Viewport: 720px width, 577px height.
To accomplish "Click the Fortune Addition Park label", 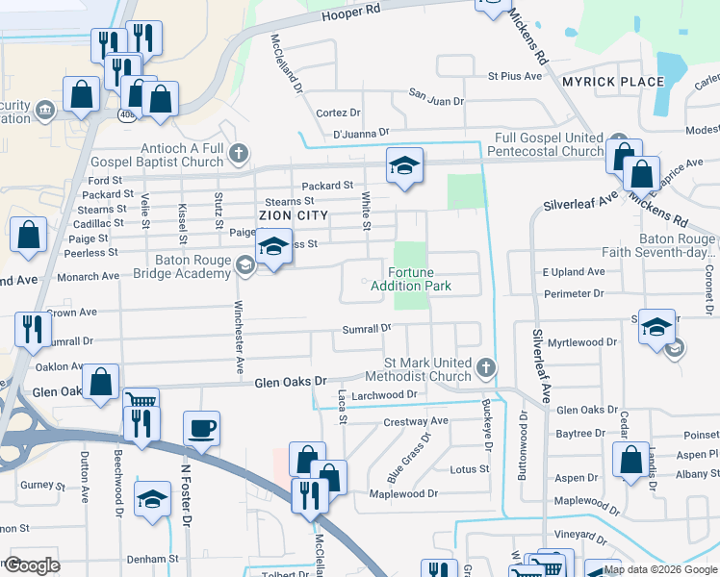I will click(x=419, y=279).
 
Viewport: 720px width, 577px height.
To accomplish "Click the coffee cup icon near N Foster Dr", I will click(x=201, y=428).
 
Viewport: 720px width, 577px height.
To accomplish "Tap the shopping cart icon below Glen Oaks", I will click(x=141, y=402).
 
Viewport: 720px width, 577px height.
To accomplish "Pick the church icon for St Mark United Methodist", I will click(x=487, y=367).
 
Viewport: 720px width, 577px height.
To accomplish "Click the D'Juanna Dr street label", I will click(x=360, y=133).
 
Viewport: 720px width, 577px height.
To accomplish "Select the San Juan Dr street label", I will click(x=436, y=99).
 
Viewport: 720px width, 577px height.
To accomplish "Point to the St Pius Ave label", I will click(x=516, y=75).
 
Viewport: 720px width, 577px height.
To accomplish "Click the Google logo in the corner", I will click(x=31, y=565).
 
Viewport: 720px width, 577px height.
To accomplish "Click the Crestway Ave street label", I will click(x=416, y=421).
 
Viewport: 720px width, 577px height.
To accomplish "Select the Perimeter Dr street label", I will click(x=573, y=293).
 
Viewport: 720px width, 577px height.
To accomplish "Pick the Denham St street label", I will click(x=154, y=558).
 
